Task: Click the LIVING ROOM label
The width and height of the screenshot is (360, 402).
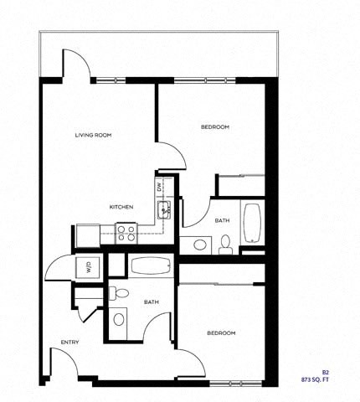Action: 93,135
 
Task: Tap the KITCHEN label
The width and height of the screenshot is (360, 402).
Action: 123,207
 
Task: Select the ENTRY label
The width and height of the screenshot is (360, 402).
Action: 69,342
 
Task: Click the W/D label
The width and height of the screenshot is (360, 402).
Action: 87,268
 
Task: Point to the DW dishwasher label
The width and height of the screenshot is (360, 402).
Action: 159,187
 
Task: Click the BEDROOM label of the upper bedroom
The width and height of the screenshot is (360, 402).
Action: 215,127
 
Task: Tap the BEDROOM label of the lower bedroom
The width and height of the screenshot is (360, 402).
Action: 221,333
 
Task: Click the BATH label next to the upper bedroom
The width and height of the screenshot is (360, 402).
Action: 222,221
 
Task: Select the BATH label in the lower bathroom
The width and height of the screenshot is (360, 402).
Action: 152,301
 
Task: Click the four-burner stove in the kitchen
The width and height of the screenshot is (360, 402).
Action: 126,233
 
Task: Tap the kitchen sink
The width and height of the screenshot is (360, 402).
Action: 165,209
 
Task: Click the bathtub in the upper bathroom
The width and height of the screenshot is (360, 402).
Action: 252,222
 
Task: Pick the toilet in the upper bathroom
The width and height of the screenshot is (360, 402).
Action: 225,244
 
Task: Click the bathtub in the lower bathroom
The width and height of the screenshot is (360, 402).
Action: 152,267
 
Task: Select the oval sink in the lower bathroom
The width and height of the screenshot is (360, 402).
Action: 119,318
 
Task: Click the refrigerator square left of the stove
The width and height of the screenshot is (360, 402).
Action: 88,235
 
